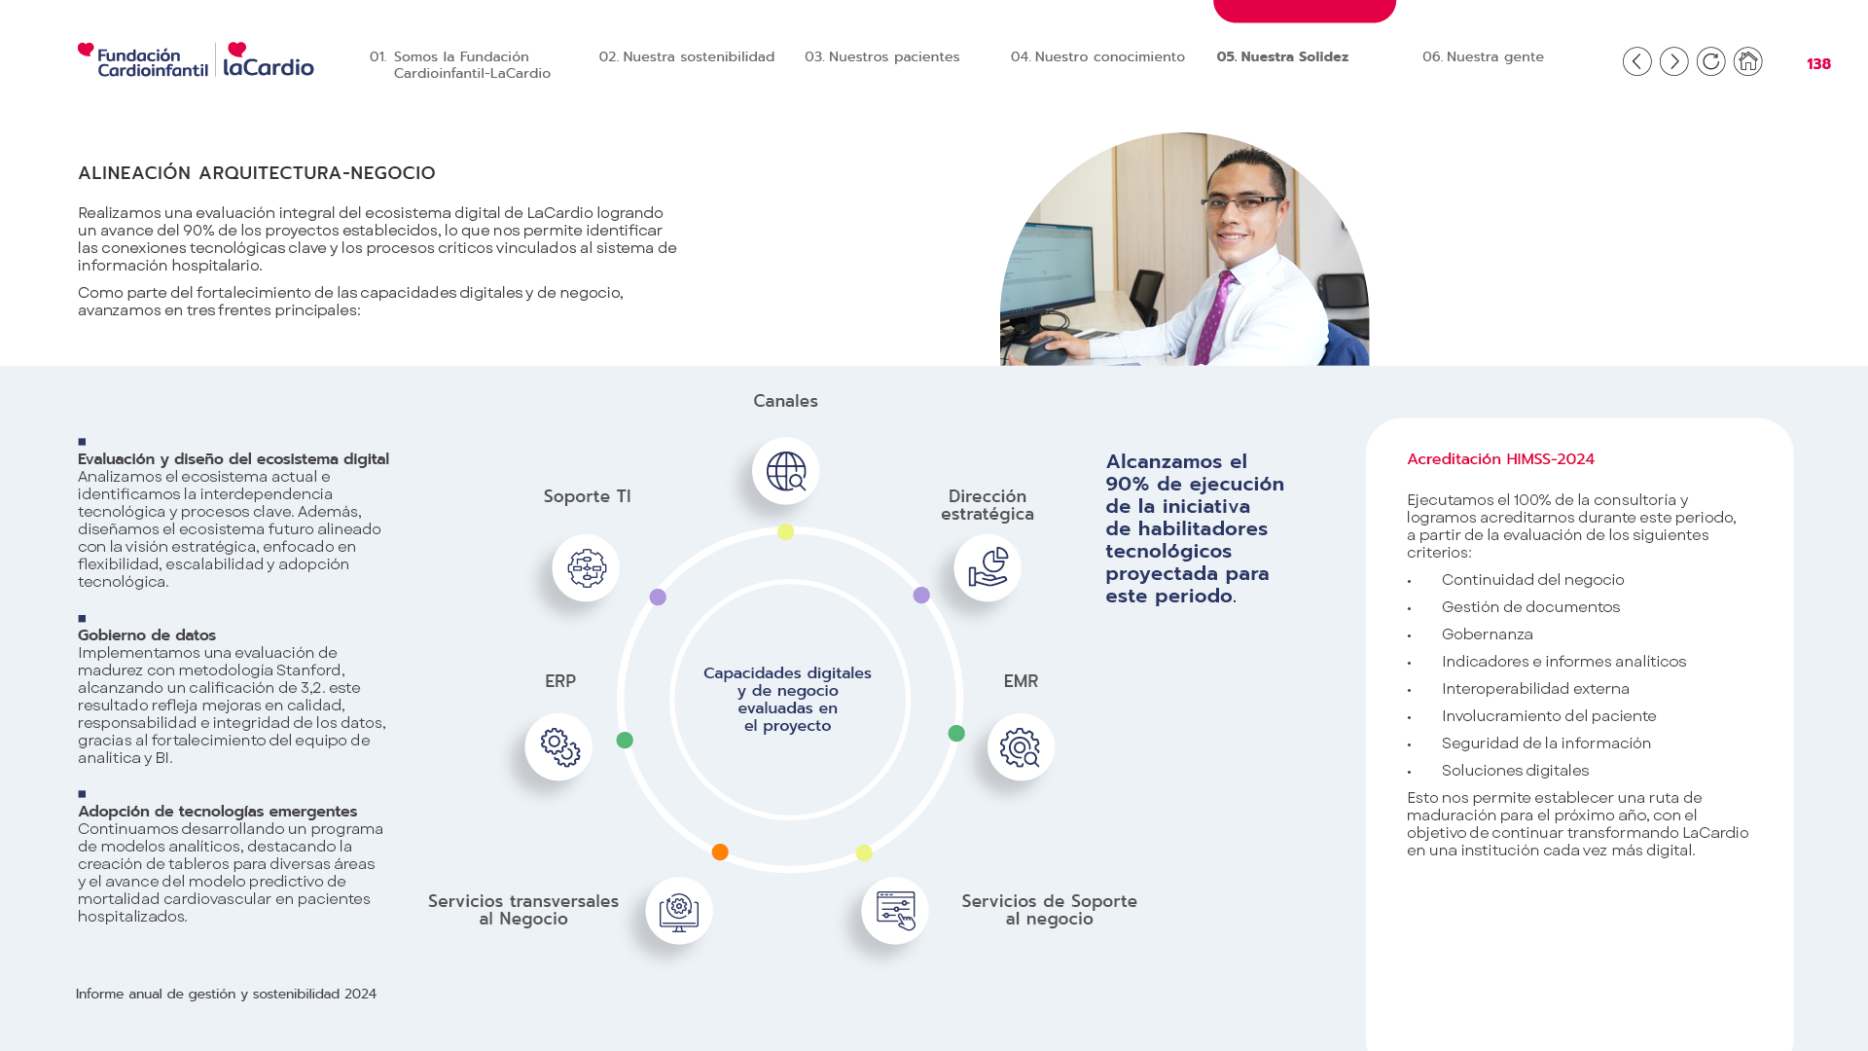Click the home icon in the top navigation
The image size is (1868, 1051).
pyautogui.click(x=1747, y=61)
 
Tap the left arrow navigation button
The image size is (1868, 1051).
pyautogui.click(x=1636, y=61)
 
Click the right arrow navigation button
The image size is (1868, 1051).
pyautogui.click(x=1673, y=61)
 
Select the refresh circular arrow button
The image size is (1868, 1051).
pyautogui.click(x=1710, y=61)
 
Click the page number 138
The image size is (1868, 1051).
pyautogui.click(x=1818, y=64)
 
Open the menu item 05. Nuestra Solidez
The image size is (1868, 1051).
pyautogui.click(x=1282, y=56)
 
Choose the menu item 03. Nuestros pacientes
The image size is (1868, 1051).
pyautogui.click(x=881, y=56)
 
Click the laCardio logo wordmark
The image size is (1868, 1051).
pyautogui.click(x=269, y=59)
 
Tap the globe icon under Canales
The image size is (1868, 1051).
pyautogui.click(x=785, y=471)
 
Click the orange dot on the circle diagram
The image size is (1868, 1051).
pyautogui.click(x=720, y=852)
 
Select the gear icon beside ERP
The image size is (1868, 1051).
pyautogui.click(x=558, y=747)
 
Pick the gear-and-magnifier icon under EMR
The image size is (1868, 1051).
pyautogui.click(x=1021, y=747)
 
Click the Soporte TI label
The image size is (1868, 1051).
pyautogui.click(x=587, y=496)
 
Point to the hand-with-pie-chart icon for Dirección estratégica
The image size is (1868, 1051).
pyautogui.click(x=988, y=567)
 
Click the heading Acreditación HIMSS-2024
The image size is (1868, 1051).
pyautogui.click(x=1500, y=459)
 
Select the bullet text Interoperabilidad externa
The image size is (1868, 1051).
pyautogui.click(x=1535, y=689)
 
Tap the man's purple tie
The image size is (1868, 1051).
pyautogui.click(x=1216, y=316)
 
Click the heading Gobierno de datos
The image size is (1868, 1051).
pyautogui.click(x=147, y=635)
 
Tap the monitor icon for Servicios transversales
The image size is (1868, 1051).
pyautogui.click(x=679, y=911)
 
